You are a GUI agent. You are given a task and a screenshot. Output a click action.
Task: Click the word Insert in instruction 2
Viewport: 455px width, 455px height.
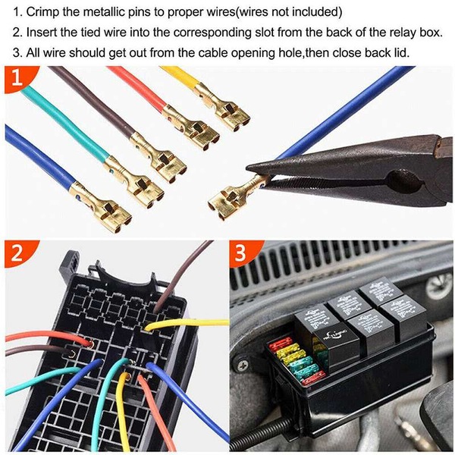[x=41, y=32]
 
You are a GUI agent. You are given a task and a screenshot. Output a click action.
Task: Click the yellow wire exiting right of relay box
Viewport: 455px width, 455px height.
[x=187, y=323]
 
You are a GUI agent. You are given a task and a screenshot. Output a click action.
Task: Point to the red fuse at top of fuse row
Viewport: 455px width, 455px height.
[x=281, y=344]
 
